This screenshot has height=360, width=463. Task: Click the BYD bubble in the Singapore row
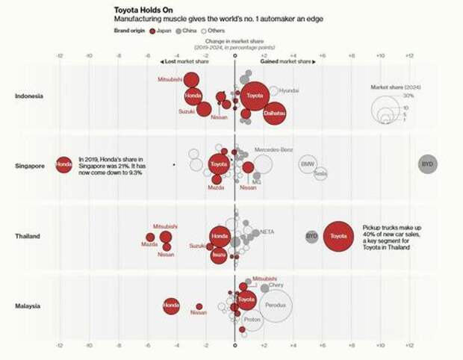tap(427, 164)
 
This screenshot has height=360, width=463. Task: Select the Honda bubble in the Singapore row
tap(63, 164)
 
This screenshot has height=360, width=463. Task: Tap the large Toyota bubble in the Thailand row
tap(338, 236)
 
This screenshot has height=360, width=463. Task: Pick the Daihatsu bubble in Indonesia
tap(274, 113)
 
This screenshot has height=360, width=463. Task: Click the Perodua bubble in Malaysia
tap(276, 305)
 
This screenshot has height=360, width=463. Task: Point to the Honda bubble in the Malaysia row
tap(171, 305)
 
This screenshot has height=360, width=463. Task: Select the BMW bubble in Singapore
tap(308, 164)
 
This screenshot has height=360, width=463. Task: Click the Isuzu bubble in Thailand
tap(219, 255)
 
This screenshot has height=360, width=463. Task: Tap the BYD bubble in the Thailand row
tap(311, 236)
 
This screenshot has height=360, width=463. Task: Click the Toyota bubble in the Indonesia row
tap(255, 96)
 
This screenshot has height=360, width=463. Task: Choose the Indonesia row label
tap(29, 96)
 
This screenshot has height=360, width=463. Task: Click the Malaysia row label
tap(29, 305)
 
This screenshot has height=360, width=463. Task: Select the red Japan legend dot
tap(152, 31)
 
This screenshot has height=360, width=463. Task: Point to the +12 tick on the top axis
tap(408, 56)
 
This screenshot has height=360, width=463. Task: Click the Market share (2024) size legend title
tap(396, 87)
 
